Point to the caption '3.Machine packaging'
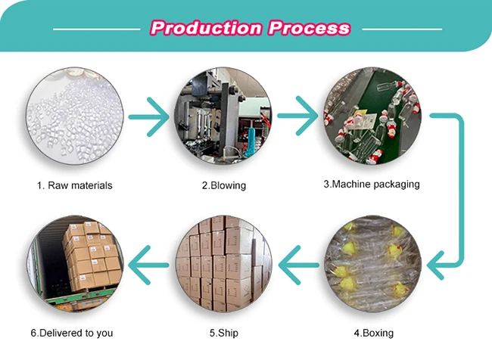(372, 184)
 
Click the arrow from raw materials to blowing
(149, 117)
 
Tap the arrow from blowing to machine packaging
(297, 117)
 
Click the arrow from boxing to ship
(297, 265)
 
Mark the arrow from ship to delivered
(149, 265)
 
